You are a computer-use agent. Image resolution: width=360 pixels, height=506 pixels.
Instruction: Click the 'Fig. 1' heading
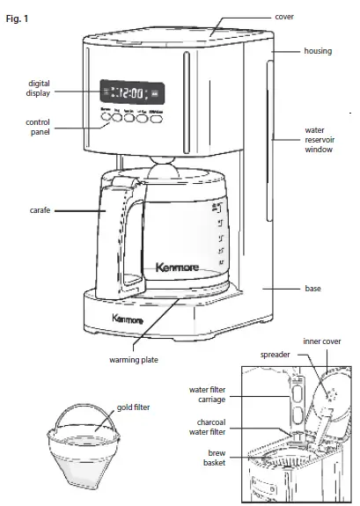17,18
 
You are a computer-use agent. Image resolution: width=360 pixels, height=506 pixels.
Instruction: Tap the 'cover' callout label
308,17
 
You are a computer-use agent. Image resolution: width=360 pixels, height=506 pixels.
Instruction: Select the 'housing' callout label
318,51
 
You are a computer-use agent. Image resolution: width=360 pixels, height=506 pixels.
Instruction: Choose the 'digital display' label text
39,89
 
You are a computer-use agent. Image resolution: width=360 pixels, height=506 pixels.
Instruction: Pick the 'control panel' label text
39,127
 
